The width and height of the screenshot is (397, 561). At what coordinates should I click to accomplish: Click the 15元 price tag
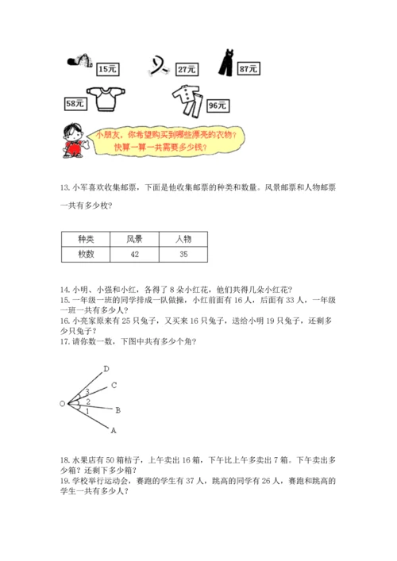point(108,70)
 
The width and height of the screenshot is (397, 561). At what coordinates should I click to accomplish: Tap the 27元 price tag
point(187,70)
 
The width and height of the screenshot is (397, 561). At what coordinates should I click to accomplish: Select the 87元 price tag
point(249,70)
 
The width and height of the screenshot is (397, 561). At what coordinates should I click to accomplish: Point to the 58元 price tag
point(76,102)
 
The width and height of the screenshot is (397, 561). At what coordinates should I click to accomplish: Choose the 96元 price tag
point(218,104)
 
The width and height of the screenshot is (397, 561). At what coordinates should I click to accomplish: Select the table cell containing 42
point(133,254)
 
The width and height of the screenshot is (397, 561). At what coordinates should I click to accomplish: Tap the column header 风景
point(133,239)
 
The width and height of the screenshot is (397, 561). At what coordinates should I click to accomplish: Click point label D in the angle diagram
point(106,368)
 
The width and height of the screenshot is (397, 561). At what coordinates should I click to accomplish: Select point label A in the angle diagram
point(113,431)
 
